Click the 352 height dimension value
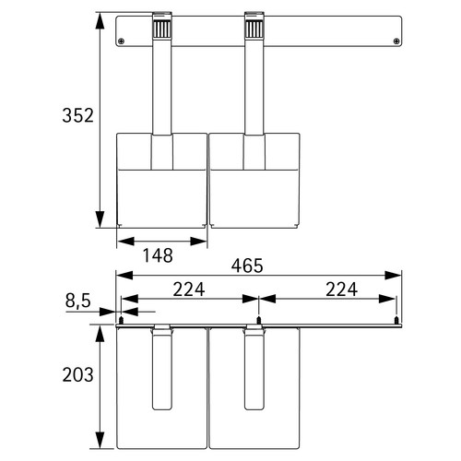(x=77, y=115)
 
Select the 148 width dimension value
(x=158, y=255)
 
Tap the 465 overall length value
(x=247, y=266)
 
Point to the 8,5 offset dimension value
(x=78, y=301)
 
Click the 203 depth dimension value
(x=77, y=375)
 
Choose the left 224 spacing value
(x=189, y=290)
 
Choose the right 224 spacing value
(x=341, y=290)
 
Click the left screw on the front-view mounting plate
(x=122, y=41)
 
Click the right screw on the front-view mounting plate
(x=396, y=41)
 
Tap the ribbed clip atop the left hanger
(x=161, y=29)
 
